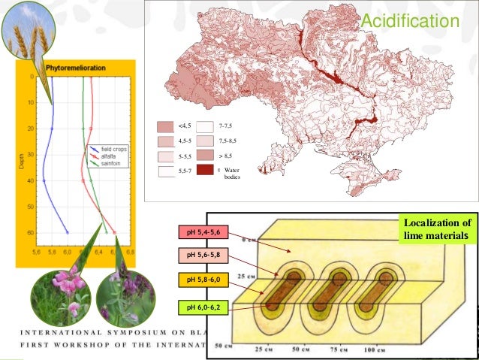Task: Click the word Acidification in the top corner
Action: [409, 23]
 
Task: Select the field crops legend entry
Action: [113, 150]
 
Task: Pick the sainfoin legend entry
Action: [111, 162]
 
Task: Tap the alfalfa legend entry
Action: [110, 156]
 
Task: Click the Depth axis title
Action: [23, 161]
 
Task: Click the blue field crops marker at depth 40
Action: [44, 181]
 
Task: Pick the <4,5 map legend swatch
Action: [165, 126]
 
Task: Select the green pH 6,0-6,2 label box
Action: [203, 307]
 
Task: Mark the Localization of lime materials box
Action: [436, 229]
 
